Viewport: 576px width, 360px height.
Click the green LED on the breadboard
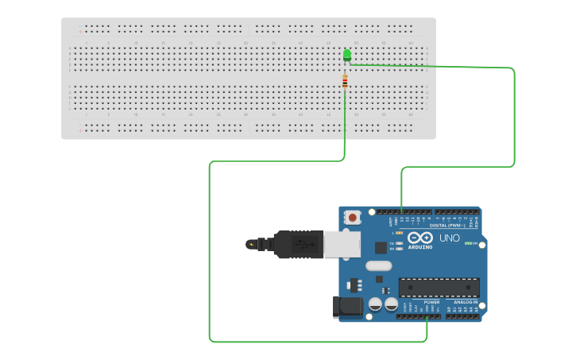(346, 54)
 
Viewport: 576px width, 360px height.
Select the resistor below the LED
(345, 81)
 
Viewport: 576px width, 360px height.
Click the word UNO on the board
(450, 238)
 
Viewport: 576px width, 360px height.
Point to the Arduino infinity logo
(419, 238)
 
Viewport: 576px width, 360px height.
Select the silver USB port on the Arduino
(342, 245)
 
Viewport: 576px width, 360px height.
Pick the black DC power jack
(347, 307)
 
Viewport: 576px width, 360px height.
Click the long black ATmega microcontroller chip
(439, 288)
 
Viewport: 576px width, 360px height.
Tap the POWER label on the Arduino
(431, 302)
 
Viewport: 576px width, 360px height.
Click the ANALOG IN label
(466, 302)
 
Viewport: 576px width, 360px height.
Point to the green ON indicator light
(469, 243)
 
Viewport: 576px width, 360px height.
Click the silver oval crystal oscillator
(379, 266)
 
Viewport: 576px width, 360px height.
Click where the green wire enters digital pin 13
(402, 212)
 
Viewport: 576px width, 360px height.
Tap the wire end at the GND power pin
(427, 316)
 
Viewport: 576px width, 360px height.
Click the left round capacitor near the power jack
(374, 304)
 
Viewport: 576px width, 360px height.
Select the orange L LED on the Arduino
(400, 233)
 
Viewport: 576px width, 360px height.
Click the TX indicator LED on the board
(400, 242)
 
